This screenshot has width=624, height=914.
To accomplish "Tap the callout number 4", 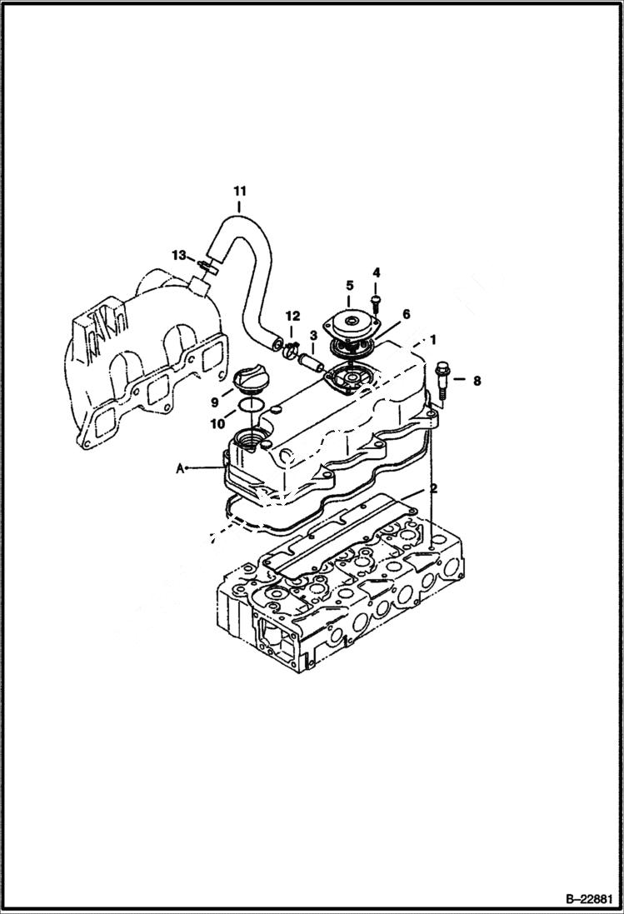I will point(376,272).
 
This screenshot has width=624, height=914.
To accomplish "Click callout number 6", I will point(407,314).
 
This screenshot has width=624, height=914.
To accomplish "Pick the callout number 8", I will point(476,381).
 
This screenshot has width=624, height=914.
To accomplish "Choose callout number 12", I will point(292,317).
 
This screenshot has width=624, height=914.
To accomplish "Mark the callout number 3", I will point(312,336).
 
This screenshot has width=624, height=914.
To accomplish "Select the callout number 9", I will point(214,402).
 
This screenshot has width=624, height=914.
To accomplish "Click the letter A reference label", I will point(180,469).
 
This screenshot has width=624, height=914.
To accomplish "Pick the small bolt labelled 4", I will point(376,294).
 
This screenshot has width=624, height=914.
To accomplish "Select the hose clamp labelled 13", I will point(207,268).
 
